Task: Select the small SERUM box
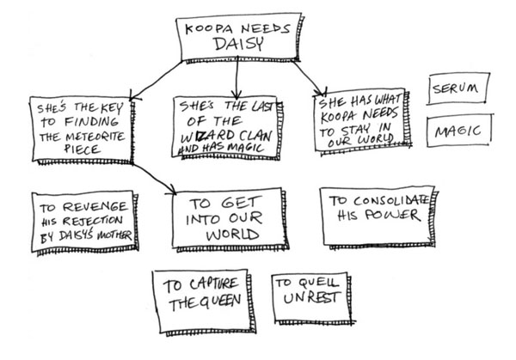457,88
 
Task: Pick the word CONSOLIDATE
386,200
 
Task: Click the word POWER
392,216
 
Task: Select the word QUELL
317,284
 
